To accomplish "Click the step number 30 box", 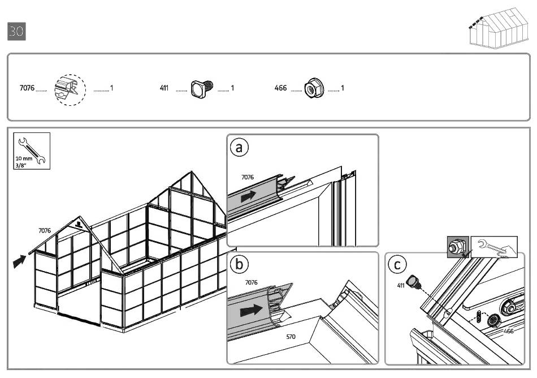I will point(16,31).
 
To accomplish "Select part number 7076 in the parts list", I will point(27,89).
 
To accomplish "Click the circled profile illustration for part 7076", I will point(70,89).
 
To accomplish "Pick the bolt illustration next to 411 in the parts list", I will point(201,89).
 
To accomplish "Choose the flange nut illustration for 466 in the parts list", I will point(310,89).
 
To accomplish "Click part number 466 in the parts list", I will point(280,89).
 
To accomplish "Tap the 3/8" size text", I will point(22,165).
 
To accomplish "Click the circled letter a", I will point(239,148).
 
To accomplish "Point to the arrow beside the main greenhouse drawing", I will point(19,261).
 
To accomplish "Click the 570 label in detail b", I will point(291,337).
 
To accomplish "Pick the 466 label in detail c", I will point(508,331).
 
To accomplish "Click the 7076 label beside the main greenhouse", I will point(45,230).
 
